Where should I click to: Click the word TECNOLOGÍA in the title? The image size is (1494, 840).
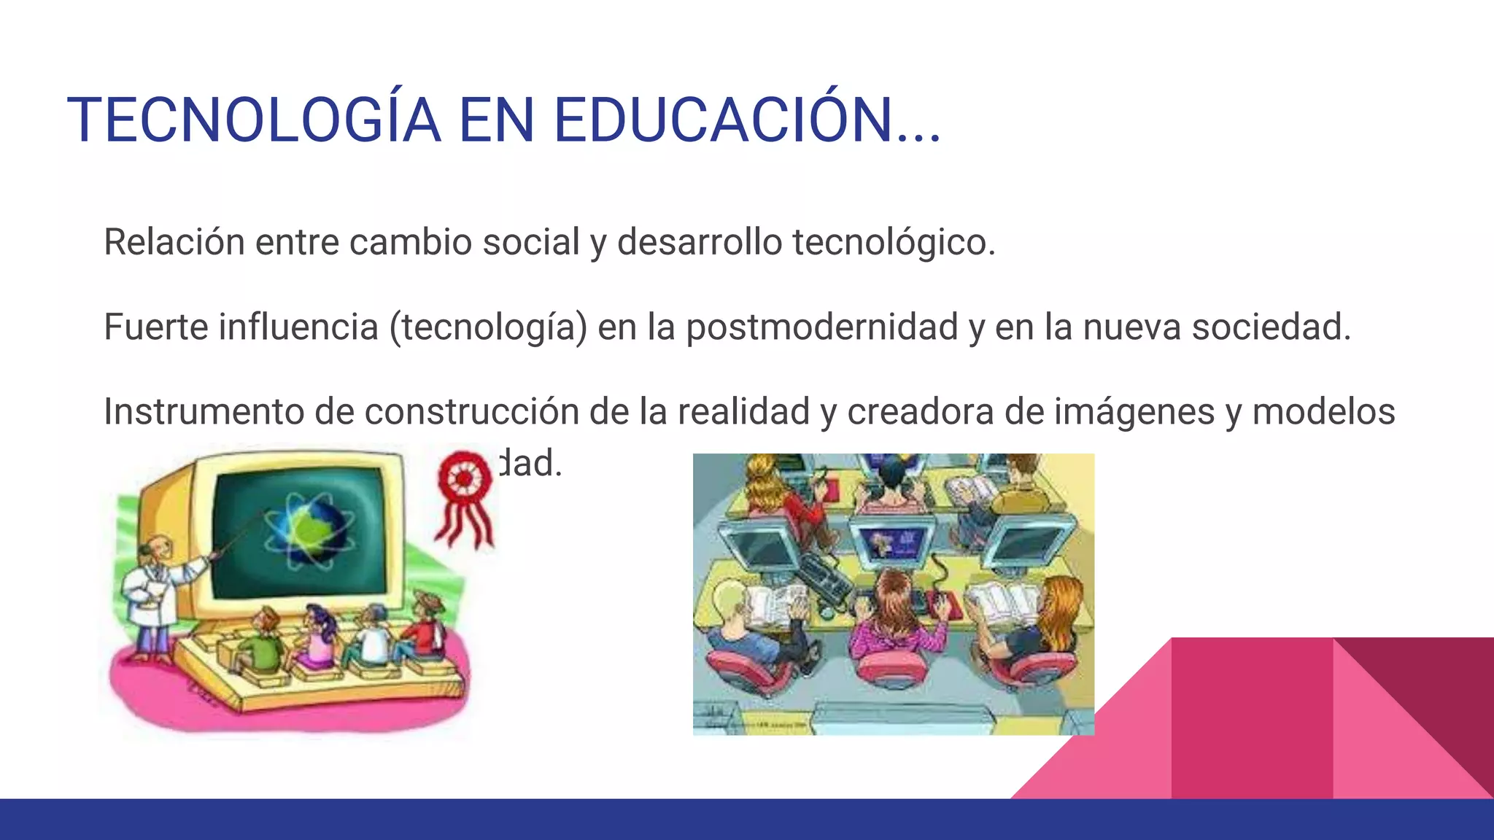pos(254,120)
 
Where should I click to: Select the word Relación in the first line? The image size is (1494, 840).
pos(174,242)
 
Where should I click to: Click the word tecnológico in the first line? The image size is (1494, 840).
pos(894,242)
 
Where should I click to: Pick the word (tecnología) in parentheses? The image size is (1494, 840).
pos(488,327)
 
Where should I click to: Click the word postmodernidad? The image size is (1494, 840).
pos(821,327)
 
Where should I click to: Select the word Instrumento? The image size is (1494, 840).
pos(204,411)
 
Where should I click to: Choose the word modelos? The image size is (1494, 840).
pos(1323,411)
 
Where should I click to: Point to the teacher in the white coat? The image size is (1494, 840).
pos(154,591)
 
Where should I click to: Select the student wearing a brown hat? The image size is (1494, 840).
pos(423,627)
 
